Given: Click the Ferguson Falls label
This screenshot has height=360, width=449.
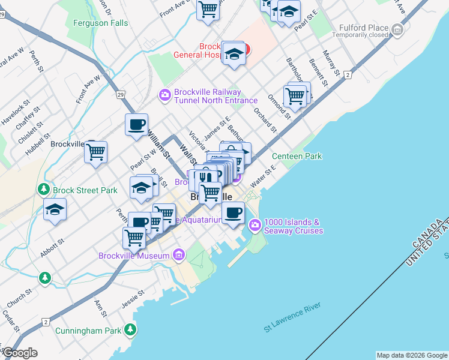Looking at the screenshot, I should coord(100,23).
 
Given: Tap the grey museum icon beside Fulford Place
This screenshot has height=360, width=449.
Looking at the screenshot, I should coord(397,29).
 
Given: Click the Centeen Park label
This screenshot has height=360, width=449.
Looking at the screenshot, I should coord(297,157).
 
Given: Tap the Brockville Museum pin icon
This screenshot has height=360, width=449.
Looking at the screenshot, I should coord(178,256).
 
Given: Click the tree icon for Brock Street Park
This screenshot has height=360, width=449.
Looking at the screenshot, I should coord(44,190).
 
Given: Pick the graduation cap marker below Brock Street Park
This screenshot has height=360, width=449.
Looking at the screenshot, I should coord(55,209).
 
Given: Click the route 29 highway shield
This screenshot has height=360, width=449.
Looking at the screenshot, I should coord(121,95).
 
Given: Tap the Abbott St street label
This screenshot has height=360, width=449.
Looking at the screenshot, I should coord(52,246).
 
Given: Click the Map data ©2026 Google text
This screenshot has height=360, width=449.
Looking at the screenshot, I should coord(411,355).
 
